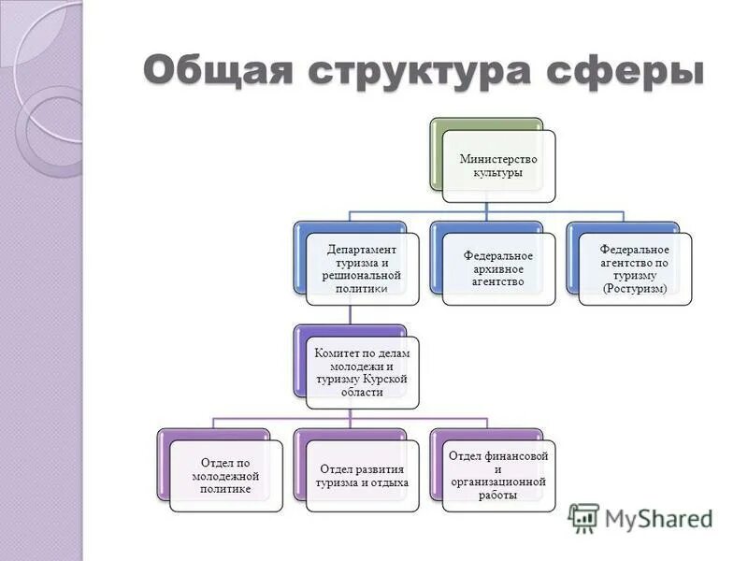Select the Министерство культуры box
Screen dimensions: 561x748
[x=498, y=165]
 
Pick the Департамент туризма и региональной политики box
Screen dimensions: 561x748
[x=362, y=269]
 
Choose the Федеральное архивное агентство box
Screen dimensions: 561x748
[x=498, y=269]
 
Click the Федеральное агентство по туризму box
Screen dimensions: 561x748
[x=635, y=269]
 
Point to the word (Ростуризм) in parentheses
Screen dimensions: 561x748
[x=635, y=289]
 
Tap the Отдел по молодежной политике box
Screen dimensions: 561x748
[x=225, y=476]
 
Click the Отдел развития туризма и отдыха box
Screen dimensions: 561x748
[x=362, y=476]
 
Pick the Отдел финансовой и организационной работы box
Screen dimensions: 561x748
[x=498, y=476]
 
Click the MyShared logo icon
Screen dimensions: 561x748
[x=583, y=517]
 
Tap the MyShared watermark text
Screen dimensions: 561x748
[x=658, y=518]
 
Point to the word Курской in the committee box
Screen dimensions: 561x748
[x=387, y=380]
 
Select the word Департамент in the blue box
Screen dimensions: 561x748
[x=362, y=250]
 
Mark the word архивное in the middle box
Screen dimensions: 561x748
[x=498, y=268]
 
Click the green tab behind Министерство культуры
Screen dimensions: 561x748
[x=436, y=154]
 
